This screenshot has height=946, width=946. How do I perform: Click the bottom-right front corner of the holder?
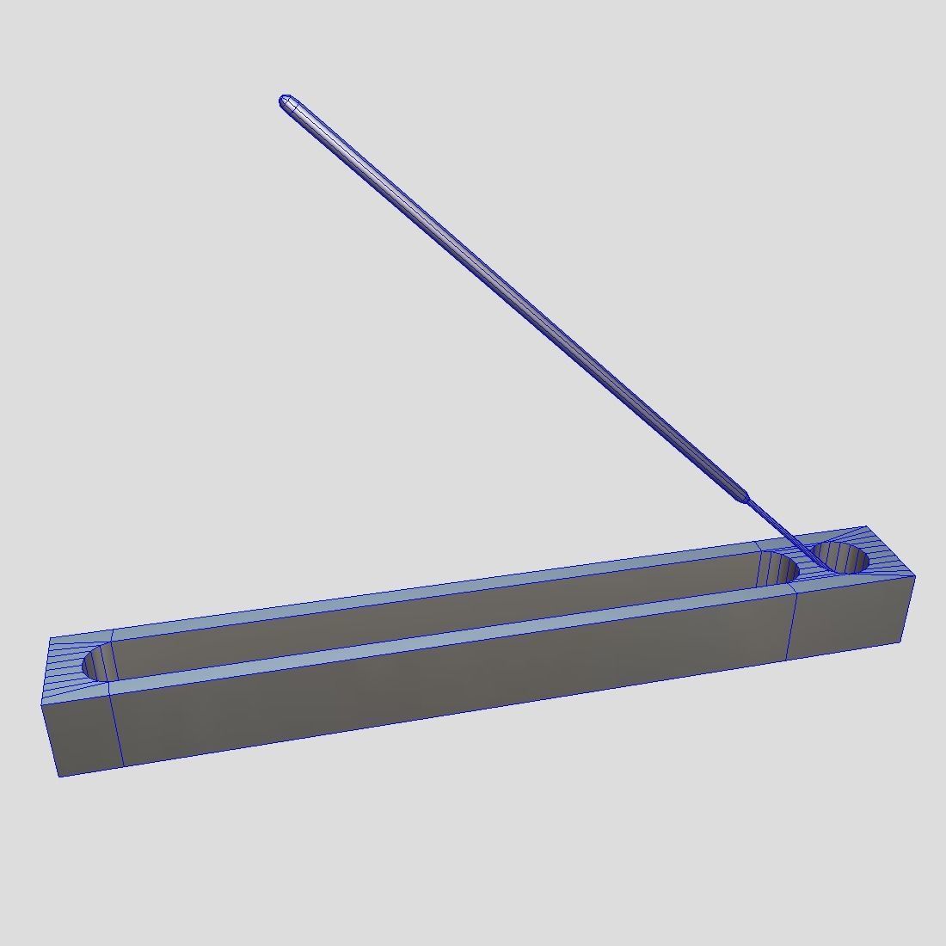902,641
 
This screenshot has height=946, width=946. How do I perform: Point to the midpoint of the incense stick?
516,298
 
